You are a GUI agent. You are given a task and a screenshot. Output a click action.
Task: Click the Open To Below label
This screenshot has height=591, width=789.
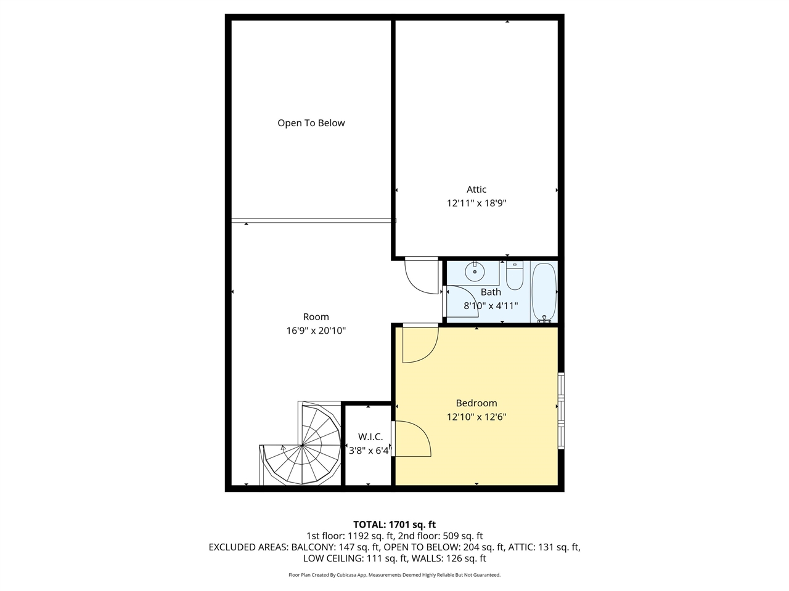pos(311,123)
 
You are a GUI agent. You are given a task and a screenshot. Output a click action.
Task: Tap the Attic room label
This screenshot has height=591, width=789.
pos(476,190)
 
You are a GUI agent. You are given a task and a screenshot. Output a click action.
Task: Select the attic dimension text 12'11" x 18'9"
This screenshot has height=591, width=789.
pos(476,203)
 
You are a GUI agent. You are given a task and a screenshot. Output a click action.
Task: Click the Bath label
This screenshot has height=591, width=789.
pos(491,292)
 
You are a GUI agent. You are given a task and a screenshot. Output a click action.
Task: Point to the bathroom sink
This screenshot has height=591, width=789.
pos(475,270)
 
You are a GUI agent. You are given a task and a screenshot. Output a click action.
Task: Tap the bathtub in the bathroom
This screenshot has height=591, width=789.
pos(544,292)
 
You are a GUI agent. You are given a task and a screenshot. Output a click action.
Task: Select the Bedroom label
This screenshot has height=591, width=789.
pos(476,403)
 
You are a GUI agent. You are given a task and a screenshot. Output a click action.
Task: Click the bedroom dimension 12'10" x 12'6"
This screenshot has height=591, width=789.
pos(476,417)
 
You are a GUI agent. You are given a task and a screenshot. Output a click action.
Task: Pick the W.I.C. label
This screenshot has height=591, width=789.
pos(370,437)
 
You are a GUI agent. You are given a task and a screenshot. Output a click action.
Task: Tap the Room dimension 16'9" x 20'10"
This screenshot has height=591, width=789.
pos(316,331)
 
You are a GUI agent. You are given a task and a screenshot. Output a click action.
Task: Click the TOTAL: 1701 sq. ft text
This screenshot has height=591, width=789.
pos(394,525)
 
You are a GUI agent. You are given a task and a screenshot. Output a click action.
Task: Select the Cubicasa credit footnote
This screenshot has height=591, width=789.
pos(394,575)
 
